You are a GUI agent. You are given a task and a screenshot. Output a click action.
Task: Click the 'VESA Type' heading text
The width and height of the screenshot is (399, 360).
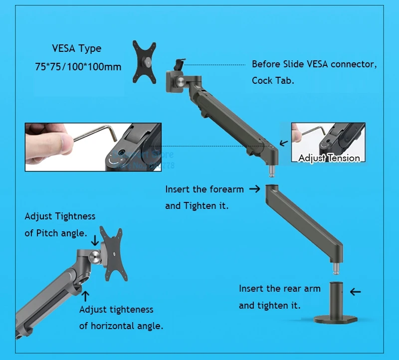click(76, 49)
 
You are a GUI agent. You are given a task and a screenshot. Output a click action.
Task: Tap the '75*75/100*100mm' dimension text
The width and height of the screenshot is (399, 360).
click(78, 67)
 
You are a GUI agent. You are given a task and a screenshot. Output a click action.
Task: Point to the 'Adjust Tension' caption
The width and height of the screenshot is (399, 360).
click(329, 158)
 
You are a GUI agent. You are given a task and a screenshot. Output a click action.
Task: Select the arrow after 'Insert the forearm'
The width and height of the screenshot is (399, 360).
click(254, 189)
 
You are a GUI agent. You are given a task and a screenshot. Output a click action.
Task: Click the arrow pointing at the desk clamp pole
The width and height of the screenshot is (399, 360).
click(355, 292)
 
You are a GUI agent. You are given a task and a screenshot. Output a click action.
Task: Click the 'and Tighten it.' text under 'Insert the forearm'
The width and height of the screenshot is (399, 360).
click(197, 205)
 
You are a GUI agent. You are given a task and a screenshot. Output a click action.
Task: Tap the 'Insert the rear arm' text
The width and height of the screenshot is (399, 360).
click(279, 289)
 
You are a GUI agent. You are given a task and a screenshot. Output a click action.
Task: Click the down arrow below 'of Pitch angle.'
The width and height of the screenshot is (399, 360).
click(95, 241)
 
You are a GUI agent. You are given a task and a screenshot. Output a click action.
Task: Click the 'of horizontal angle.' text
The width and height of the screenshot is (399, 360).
click(121, 326)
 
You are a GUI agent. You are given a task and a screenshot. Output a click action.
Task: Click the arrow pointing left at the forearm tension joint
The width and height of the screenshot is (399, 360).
click(284, 143)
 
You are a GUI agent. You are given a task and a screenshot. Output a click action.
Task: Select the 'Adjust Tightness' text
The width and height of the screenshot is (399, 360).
click(60, 216)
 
